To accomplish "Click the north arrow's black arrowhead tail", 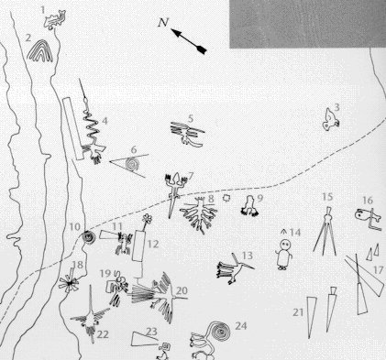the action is [201, 49].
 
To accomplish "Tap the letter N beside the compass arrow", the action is [163, 22].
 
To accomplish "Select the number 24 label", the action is [240, 326].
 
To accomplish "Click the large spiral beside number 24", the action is [219, 330].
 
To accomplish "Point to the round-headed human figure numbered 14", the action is [284, 254].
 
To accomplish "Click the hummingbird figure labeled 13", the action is [236, 268].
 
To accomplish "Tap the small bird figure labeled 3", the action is [330, 121].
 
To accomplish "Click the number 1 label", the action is [43, 10].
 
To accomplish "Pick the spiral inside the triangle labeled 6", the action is [133, 164].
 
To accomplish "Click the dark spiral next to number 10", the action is [88, 237].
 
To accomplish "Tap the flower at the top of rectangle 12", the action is [148, 218].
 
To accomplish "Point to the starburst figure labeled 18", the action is [70, 283].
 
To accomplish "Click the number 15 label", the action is [327, 197].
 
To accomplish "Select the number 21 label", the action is [298, 312].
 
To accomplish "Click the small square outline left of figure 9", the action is [226, 198].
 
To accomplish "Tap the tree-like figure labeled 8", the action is [199, 213].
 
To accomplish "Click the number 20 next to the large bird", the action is [182, 290].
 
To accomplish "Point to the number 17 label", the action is [378, 270].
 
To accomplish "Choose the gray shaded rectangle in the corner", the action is [308, 24].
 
